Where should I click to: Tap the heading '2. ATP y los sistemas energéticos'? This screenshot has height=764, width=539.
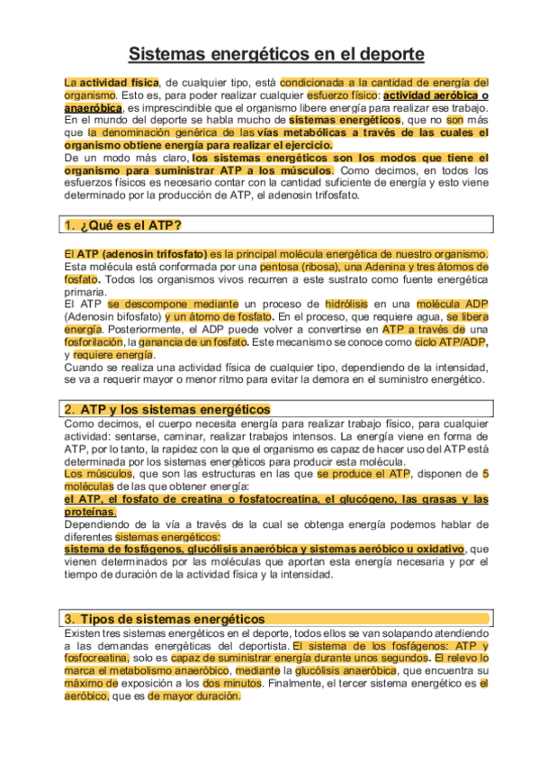tap(167, 409)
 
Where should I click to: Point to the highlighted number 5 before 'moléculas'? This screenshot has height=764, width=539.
tap(486, 474)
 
